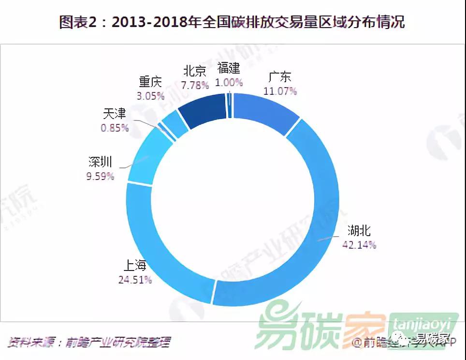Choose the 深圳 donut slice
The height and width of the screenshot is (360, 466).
145,155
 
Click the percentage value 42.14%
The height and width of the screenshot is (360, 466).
359,244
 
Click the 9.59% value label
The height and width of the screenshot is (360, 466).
101,176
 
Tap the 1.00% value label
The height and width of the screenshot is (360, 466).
229,82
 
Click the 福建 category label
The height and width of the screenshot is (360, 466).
229,68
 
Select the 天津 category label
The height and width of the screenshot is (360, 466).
114,114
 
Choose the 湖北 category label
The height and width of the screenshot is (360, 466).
359,230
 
